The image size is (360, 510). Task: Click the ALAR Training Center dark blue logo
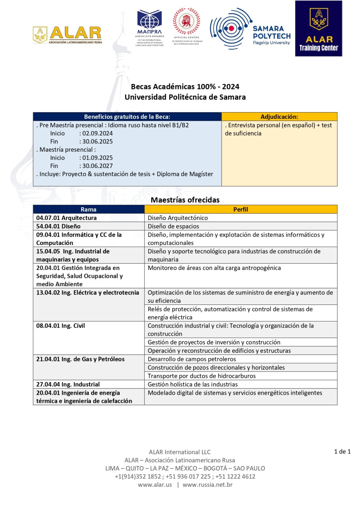tap(319, 29)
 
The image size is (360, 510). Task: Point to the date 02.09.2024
tap(98, 133)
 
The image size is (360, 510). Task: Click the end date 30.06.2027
tap(98, 166)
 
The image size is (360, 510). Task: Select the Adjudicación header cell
tap(279, 117)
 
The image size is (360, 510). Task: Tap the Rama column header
tap(89, 210)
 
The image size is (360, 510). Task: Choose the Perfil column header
tap(241, 210)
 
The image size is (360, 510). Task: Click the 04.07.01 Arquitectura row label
tap(66, 218)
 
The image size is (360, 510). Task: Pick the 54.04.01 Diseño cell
tap(58, 226)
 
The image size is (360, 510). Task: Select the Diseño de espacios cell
tap(173, 226)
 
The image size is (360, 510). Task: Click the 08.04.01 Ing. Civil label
tap(60, 326)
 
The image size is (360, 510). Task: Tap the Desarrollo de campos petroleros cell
tap(192, 359)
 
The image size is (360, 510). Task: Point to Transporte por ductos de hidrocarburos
tap(201, 376)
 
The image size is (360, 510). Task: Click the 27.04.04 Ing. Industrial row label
tap(68, 384)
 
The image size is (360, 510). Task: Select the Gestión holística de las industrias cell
tap(192, 384)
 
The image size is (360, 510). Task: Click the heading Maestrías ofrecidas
tap(185, 200)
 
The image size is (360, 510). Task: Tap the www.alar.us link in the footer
tap(155, 485)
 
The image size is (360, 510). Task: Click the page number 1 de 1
tap(342, 452)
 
